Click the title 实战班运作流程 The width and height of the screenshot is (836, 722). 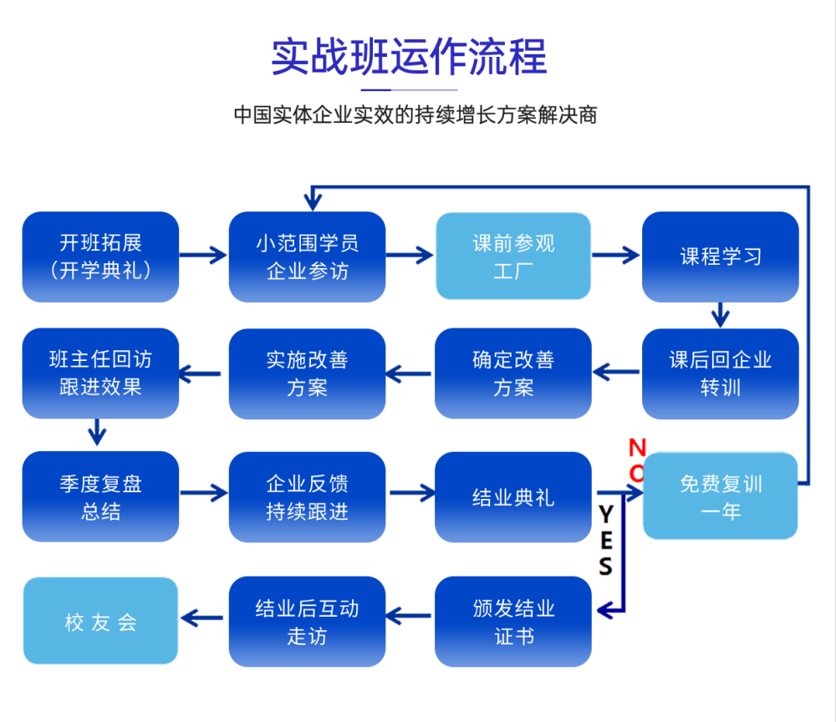pos(409,56)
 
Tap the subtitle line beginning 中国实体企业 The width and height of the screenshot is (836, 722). pos(415,114)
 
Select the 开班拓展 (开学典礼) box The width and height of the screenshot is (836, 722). pos(100,257)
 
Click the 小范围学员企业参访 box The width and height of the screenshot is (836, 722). pos(307,257)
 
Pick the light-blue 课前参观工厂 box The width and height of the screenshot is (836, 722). pos(513,257)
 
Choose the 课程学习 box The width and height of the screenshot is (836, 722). pos(720,257)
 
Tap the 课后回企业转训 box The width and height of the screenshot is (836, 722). pos(720,374)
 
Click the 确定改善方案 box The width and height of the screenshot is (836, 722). pos(513,374)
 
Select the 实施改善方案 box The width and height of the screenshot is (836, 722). pos(307,374)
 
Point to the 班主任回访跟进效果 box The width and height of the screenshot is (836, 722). pos(100,374)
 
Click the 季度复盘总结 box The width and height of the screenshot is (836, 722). pos(100,497)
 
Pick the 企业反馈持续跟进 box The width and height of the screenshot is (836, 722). pos(307,497)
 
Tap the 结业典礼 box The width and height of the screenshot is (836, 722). pos(513,497)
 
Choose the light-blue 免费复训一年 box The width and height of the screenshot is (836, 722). pos(720,496)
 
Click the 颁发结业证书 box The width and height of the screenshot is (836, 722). pos(513,622)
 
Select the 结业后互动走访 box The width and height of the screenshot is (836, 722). pos(307,622)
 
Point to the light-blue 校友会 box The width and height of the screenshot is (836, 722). pos(100,621)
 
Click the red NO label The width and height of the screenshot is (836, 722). pos(637,460)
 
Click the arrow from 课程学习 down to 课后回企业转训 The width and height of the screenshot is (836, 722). pos(720,315)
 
